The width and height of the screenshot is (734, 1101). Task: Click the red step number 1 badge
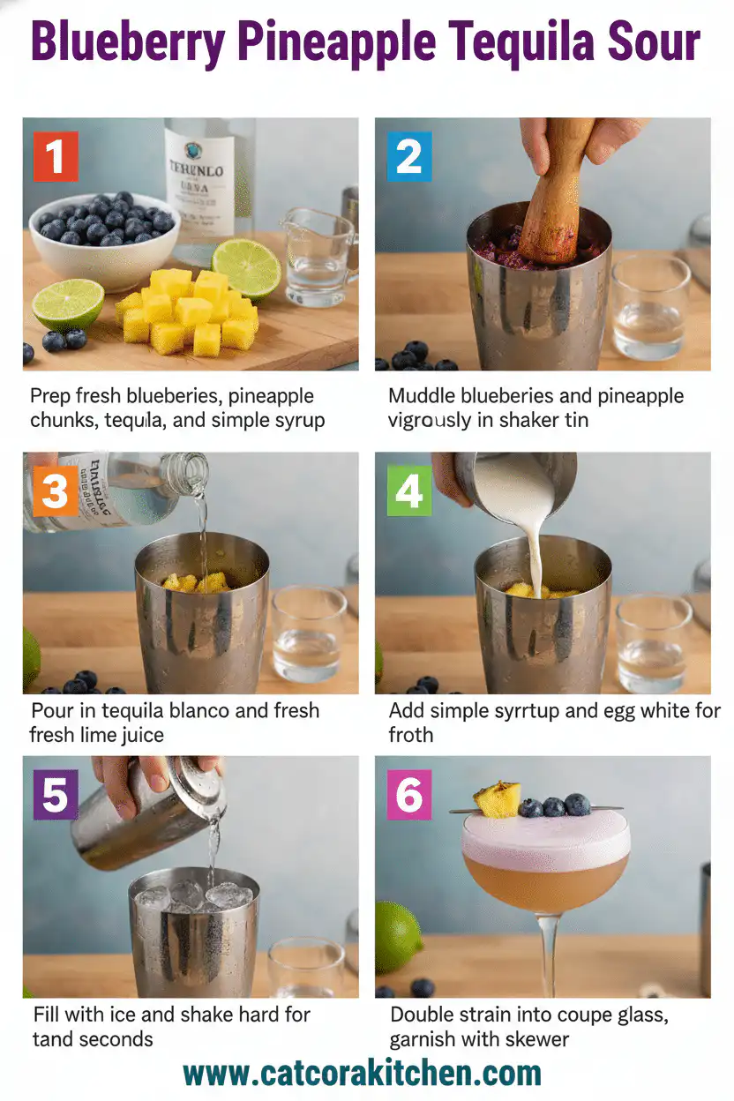56,156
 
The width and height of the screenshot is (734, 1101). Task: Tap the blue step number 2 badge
408,156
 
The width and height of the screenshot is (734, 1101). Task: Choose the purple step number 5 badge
55,795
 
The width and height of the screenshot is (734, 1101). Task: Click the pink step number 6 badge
409,795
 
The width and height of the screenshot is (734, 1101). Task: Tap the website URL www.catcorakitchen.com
362,1073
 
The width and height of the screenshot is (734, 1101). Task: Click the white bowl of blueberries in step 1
103,228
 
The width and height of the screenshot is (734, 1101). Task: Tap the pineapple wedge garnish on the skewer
497,799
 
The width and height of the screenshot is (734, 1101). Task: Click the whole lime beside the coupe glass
396,935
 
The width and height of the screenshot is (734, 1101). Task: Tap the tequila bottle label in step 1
199,185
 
